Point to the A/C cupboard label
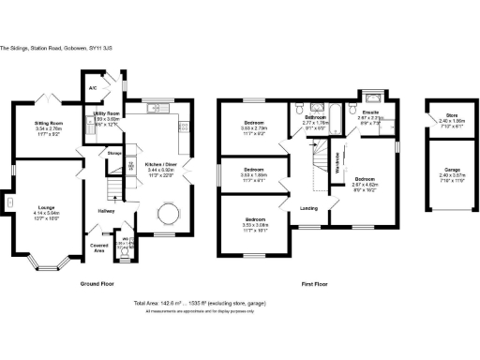[x=93, y=88]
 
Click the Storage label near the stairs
[x=115, y=152]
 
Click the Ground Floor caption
[x=98, y=282]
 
